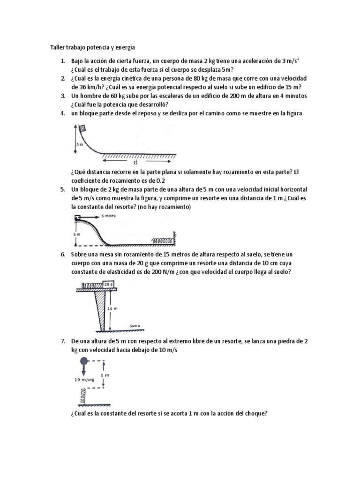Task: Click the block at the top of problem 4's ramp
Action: pyautogui.click(x=82, y=128)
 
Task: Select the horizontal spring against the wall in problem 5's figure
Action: pyautogui.click(x=162, y=240)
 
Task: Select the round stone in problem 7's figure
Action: pyautogui.click(x=84, y=361)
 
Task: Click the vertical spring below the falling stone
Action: pyautogui.click(x=82, y=397)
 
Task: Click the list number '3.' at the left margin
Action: pyautogui.click(x=63, y=96)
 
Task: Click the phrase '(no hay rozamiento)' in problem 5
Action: pyautogui.click(x=163, y=207)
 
